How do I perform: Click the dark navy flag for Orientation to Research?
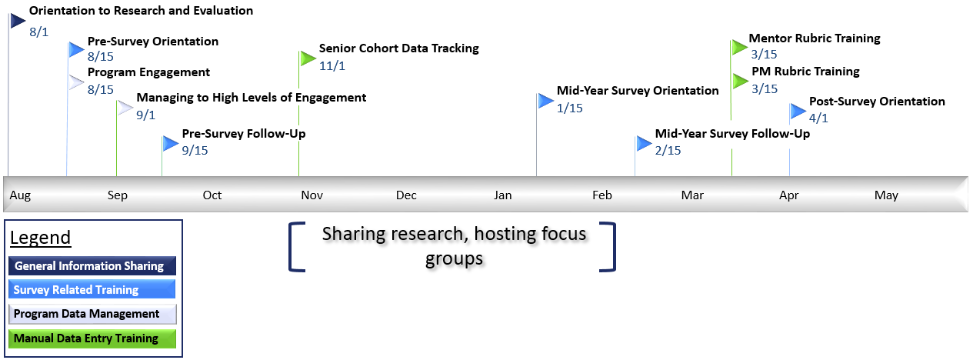point(18,21)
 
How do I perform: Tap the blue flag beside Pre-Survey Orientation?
point(76,49)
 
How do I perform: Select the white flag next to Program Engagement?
point(76,82)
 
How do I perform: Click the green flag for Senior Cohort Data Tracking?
point(308,58)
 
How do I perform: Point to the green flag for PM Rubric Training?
point(740,81)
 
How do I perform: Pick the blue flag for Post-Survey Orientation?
point(798,112)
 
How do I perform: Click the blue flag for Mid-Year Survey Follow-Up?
point(644,143)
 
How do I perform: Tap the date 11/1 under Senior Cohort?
point(332,66)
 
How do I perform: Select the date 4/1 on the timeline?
point(818,118)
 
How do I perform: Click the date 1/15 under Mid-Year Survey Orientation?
point(569,108)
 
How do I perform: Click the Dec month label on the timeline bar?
point(406,195)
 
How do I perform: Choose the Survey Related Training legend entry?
point(92,289)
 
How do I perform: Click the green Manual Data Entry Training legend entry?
point(92,338)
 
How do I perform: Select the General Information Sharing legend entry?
point(92,265)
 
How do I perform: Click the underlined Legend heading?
point(41,238)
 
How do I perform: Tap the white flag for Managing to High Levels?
point(125,108)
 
